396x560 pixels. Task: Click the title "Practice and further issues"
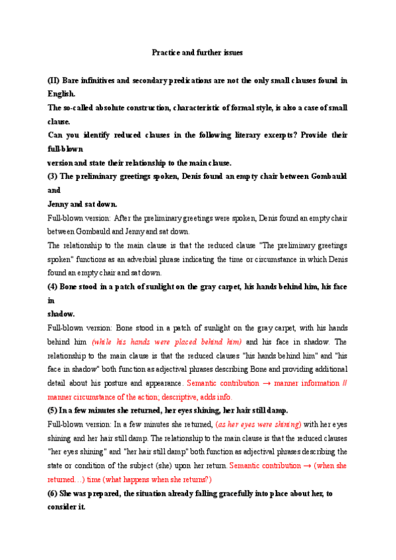(198, 52)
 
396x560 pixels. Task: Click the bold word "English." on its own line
(61, 94)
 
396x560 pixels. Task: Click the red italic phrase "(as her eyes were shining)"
(258, 424)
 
